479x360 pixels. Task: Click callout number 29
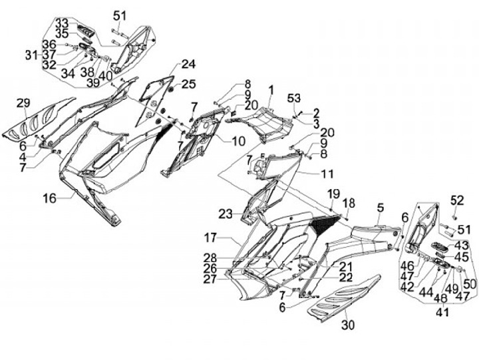(x=24, y=103)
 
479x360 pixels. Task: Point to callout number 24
(x=189, y=65)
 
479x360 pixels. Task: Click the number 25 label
(x=189, y=85)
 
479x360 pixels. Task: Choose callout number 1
(x=271, y=89)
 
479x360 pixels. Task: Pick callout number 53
(x=293, y=99)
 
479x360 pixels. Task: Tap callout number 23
(x=226, y=214)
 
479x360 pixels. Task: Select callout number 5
(x=379, y=208)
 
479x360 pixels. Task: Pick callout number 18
(x=349, y=203)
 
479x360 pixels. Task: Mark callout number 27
(x=211, y=279)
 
